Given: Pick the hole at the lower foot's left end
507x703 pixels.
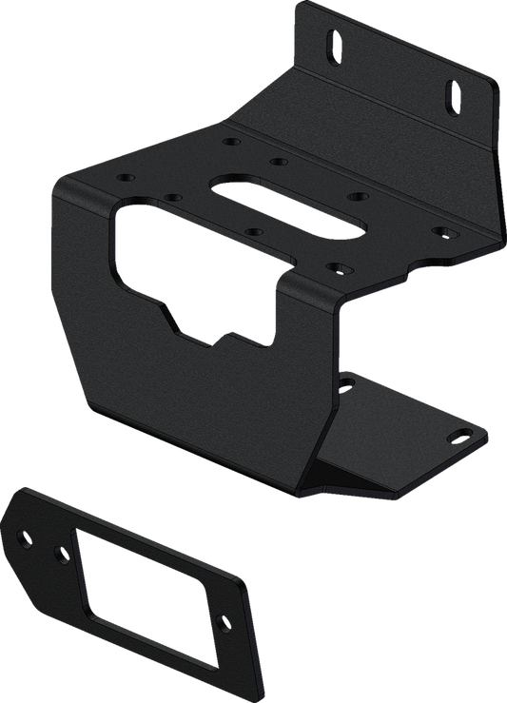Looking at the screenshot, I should click(x=349, y=382).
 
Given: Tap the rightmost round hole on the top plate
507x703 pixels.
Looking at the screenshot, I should click(x=439, y=229).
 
